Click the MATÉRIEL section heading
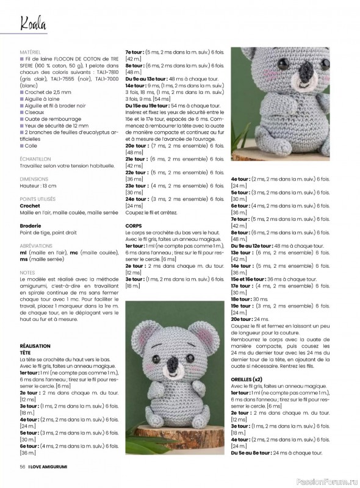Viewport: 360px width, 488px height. pyautogui.click(x=31, y=53)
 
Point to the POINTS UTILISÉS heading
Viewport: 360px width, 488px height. pyautogui.click(x=38, y=199)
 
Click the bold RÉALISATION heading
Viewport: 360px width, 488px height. pyautogui.click(x=35, y=345)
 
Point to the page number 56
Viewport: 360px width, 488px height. pyautogui.click(x=23, y=467)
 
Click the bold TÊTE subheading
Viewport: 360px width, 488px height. pyautogui.click(x=26, y=352)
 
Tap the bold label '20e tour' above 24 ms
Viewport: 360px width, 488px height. pyautogui.click(x=243, y=318)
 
